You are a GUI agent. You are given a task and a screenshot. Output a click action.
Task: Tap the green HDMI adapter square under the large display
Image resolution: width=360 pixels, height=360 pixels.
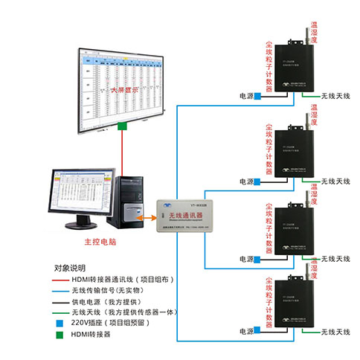point(122,129)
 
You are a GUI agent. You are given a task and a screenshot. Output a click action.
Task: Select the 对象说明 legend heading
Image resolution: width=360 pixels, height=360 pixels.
point(70,267)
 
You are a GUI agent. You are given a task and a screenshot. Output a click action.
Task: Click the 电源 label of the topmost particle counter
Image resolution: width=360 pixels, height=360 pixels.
point(246,96)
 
